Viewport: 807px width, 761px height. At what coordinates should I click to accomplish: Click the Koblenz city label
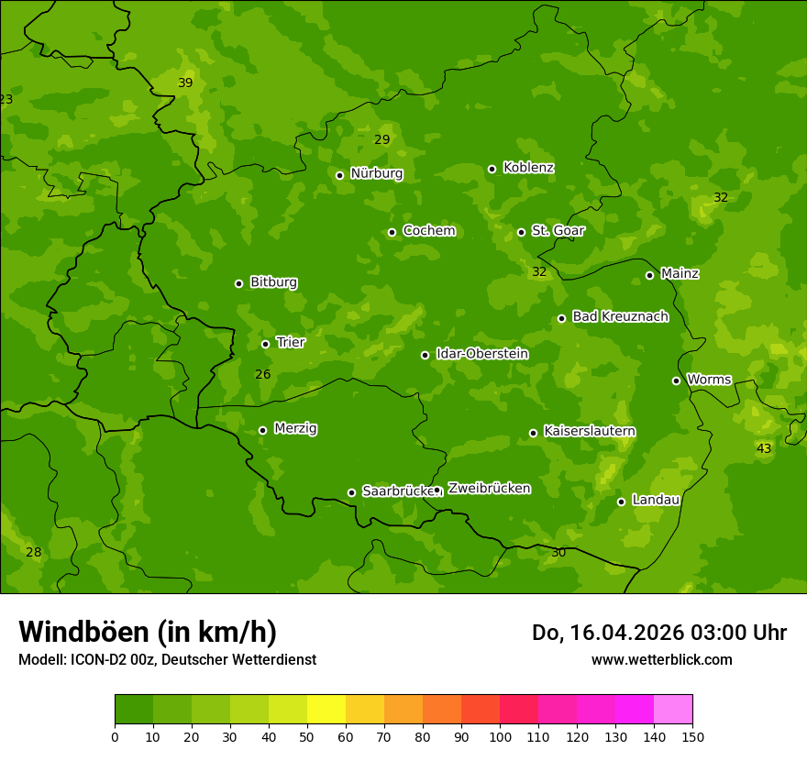528,168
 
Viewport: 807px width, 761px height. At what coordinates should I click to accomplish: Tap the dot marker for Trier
265,344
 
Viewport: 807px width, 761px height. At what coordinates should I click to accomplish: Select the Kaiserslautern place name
590,431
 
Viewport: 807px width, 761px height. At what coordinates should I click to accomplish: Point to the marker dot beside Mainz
649,275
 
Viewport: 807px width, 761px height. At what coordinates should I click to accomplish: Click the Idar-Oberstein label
481,353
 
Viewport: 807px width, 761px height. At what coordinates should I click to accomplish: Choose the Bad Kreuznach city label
620,316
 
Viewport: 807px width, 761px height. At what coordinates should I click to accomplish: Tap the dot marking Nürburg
339,175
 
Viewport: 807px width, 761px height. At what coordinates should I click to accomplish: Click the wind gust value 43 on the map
764,448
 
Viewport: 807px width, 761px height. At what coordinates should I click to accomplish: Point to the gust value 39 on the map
185,83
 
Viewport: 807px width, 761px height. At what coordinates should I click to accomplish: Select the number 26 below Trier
262,374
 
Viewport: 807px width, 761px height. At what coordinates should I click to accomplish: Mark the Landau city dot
621,502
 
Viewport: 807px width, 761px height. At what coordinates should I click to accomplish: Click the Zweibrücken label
489,488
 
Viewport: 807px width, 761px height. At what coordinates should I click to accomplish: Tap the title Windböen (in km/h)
148,632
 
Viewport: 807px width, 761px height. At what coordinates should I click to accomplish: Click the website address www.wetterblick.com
661,659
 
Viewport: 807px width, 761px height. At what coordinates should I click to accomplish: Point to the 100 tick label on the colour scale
500,736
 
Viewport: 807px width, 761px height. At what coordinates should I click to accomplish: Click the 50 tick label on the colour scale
307,736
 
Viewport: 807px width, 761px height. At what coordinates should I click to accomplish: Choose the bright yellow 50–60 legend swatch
326,710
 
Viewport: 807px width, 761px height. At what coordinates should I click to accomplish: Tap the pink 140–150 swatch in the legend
673,710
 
